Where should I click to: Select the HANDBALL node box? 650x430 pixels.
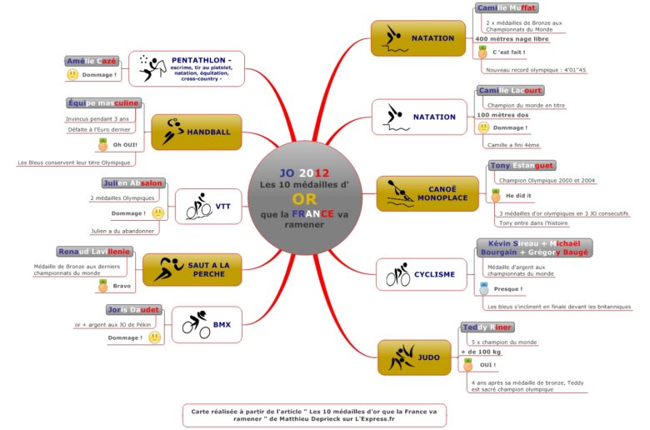[196, 132]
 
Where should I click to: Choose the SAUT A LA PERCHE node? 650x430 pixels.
[192, 268]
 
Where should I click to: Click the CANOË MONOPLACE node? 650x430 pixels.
[418, 193]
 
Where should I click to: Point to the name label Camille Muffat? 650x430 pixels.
[507, 8]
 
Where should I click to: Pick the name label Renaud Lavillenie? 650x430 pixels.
[93, 251]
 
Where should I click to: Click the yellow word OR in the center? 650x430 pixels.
[304, 200]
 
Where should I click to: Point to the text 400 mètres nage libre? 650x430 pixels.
[512, 38]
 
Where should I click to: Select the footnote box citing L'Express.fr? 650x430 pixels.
[314, 414]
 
